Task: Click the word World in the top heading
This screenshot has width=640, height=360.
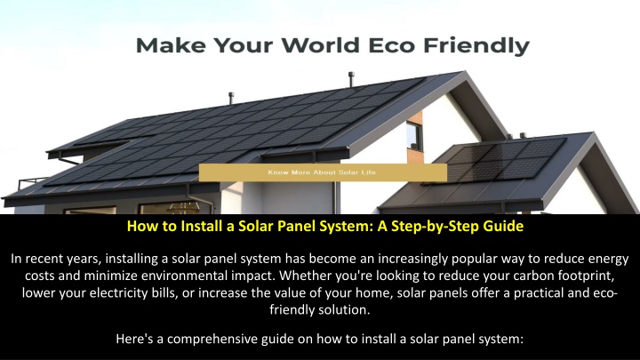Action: pyautogui.click(x=321, y=45)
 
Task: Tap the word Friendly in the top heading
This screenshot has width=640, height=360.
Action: pyautogui.click(x=476, y=46)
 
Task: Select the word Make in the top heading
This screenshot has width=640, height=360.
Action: pyautogui.click(x=171, y=45)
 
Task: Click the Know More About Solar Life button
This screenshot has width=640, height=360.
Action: pyautogui.click(x=323, y=172)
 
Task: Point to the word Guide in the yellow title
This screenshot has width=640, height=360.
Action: pyautogui.click(x=503, y=226)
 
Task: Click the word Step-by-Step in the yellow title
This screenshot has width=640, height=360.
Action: pyautogui.click(x=435, y=227)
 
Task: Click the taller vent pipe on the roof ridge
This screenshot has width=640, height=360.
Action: pyautogui.click(x=351, y=80)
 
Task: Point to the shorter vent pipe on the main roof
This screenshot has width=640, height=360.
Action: pyautogui.click(x=231, y=98)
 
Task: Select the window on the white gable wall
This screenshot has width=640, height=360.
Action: pyautogui.click(x=414, y=136)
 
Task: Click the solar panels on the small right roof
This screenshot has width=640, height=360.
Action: pyautogui.click(x=505, y=160)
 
